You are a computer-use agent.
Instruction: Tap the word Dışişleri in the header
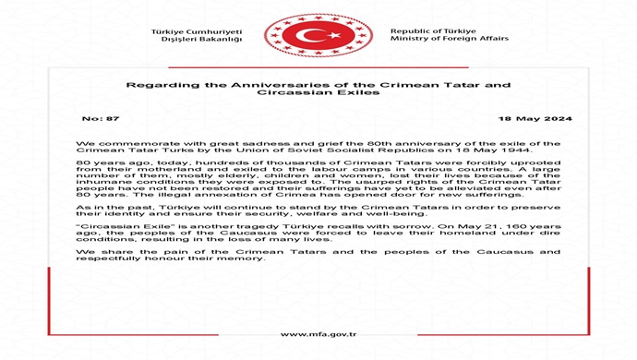coord(181,40)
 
